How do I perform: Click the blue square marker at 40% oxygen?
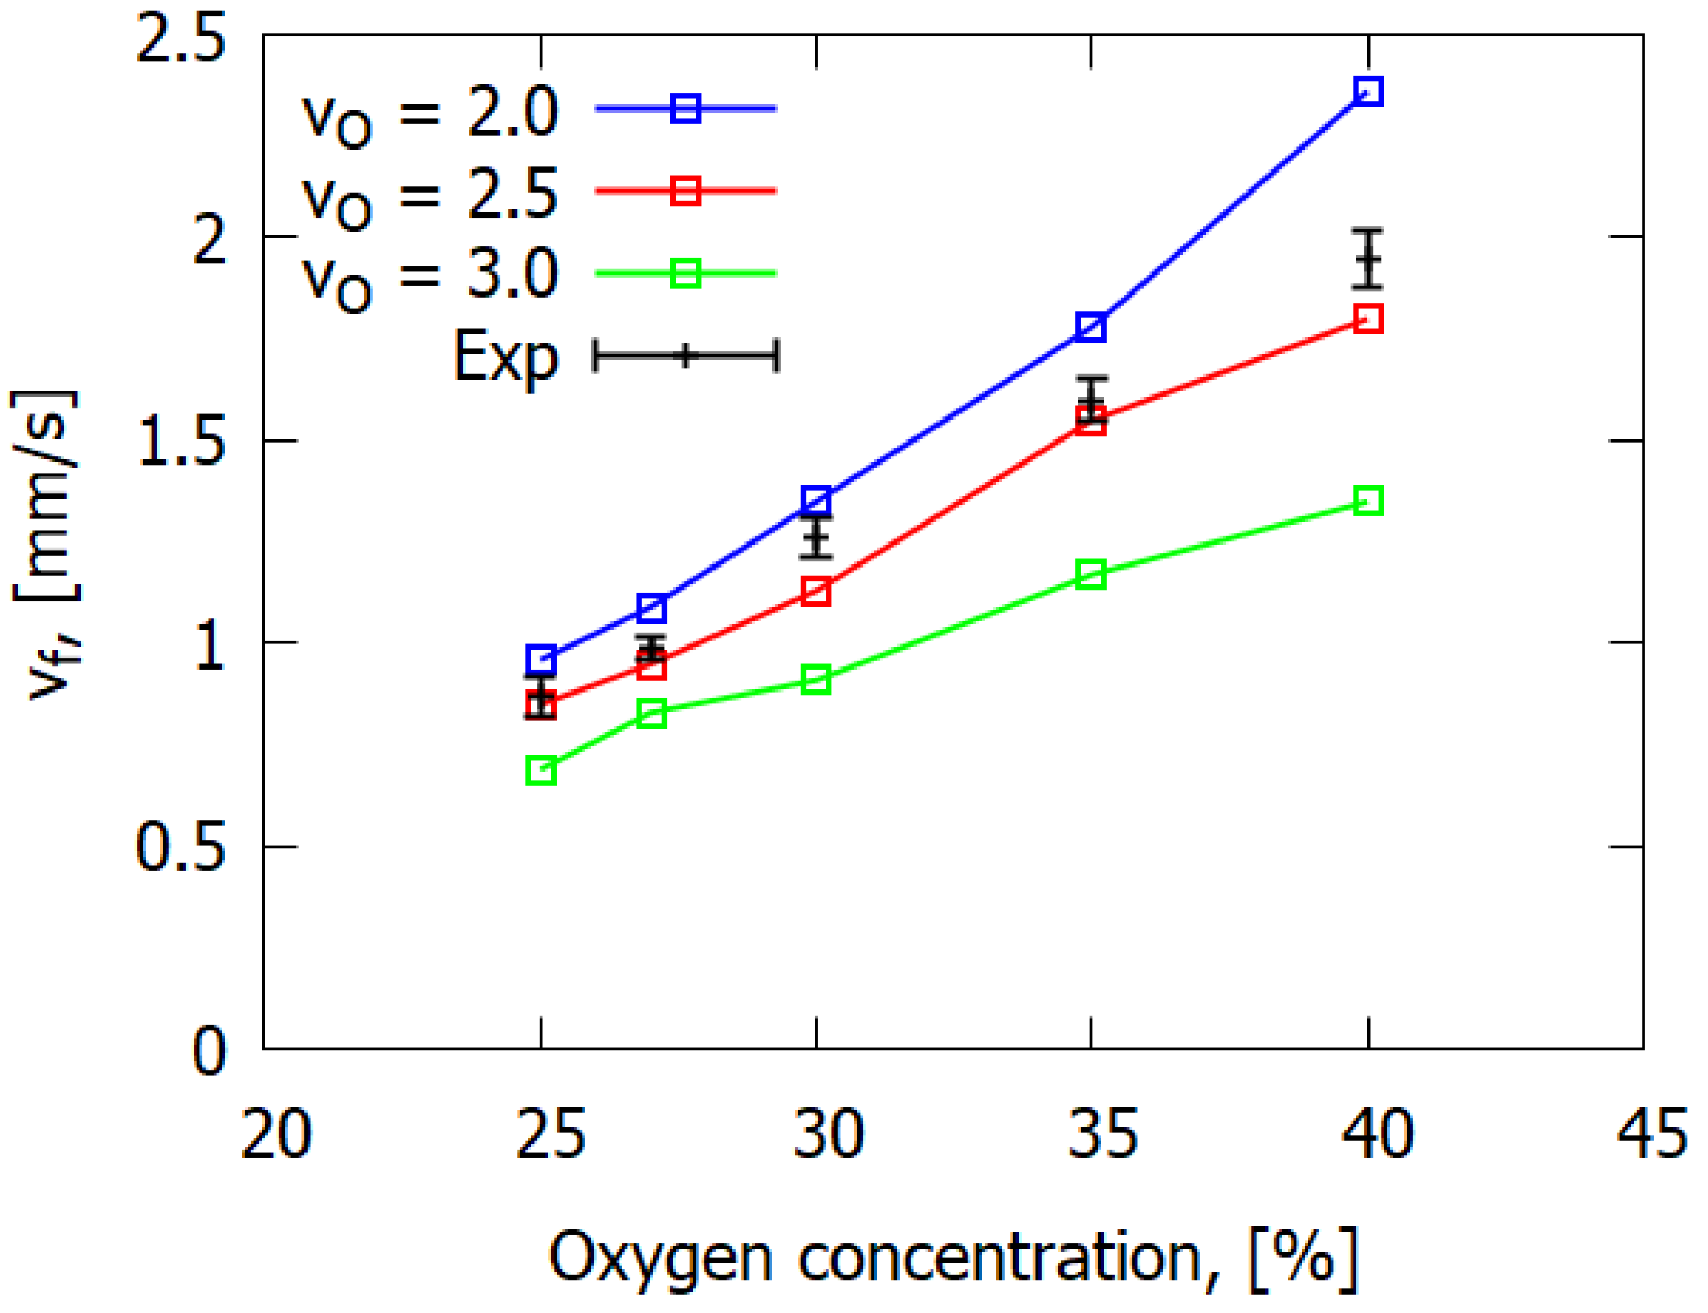click(1368, 91)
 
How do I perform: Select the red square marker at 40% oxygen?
click(1368, 319)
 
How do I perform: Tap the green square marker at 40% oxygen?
click(1368, 500)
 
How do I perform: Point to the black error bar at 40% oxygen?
click(1368, 258)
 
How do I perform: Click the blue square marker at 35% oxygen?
click(1091, 327)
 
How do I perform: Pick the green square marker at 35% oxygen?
click(1091, 574)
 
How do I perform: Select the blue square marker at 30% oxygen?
click(817, 499)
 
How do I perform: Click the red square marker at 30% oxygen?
click(817, 591)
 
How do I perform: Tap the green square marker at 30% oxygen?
click(817, 680)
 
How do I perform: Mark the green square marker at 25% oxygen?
click(541, 771)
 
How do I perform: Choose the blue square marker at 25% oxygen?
click(541, 660)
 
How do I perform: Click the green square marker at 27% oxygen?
click(652, 712)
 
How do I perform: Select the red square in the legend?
click(685, 190)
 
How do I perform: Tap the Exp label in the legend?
click(505, 357)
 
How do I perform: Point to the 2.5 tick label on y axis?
click(180, 39)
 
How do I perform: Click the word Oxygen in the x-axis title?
click(661, 1259)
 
